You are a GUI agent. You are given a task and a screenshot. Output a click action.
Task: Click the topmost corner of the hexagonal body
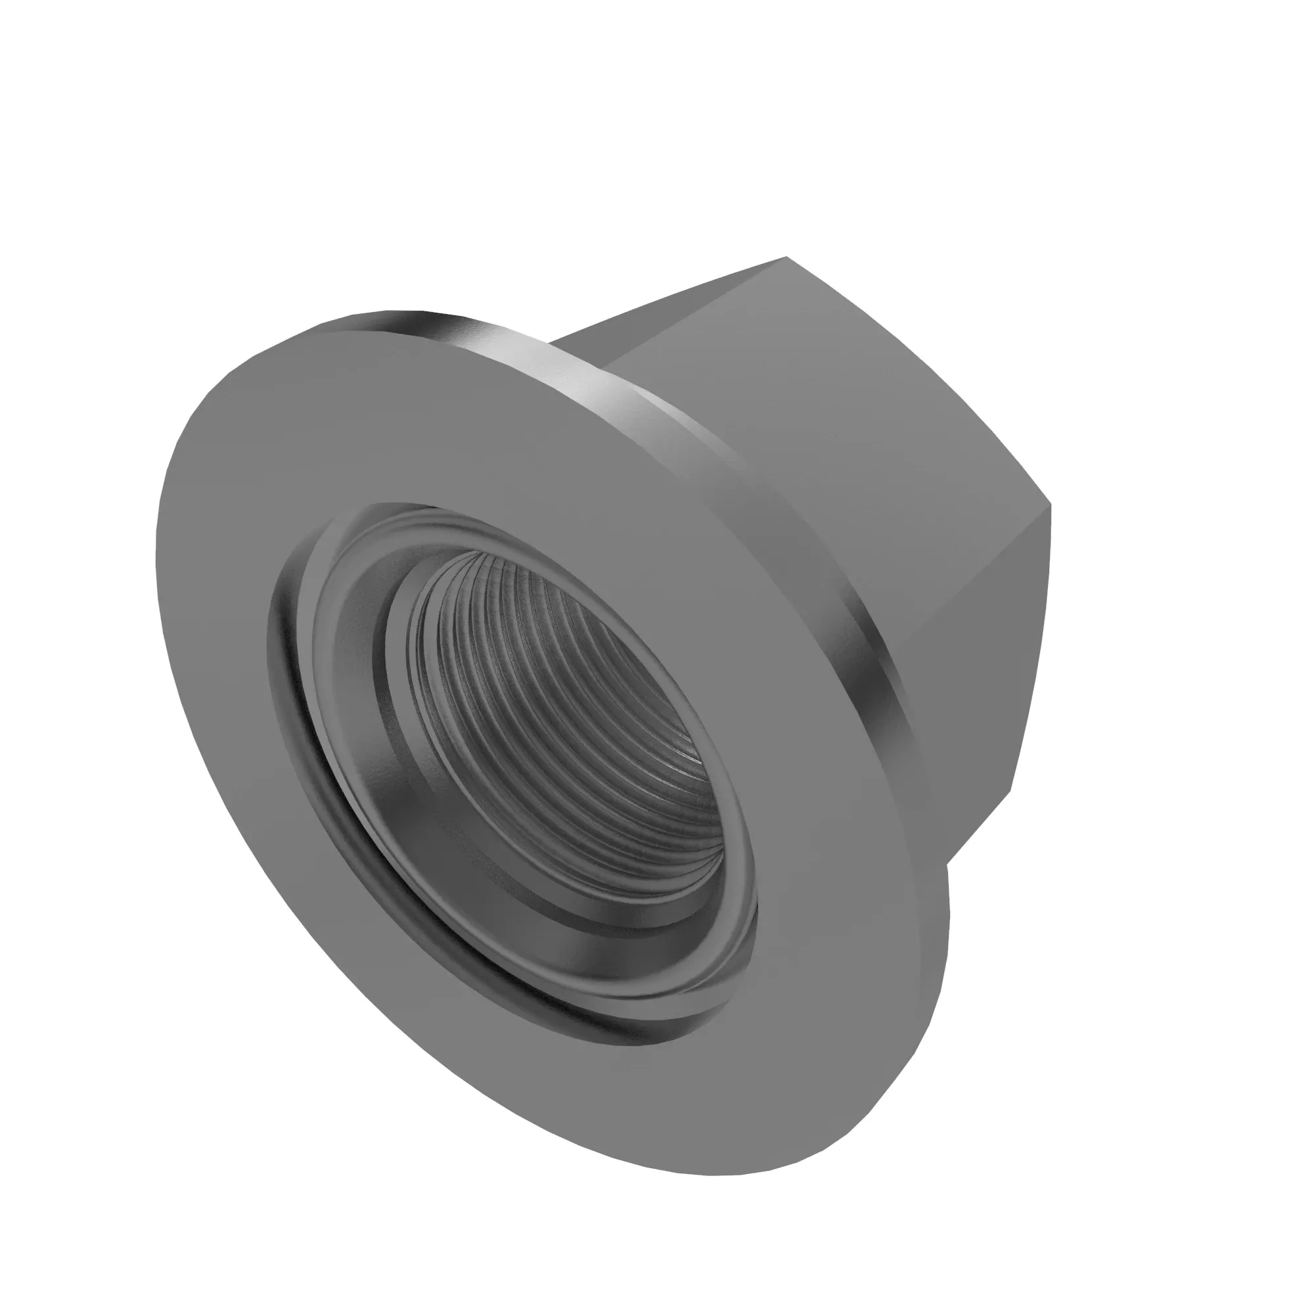coord(787,257)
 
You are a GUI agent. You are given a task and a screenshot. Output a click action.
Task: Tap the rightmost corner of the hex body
coord(1051,505)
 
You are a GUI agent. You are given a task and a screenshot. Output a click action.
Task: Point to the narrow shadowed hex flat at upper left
coord(585,340)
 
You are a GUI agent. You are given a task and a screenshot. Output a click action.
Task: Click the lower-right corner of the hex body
coord(1011,791)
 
